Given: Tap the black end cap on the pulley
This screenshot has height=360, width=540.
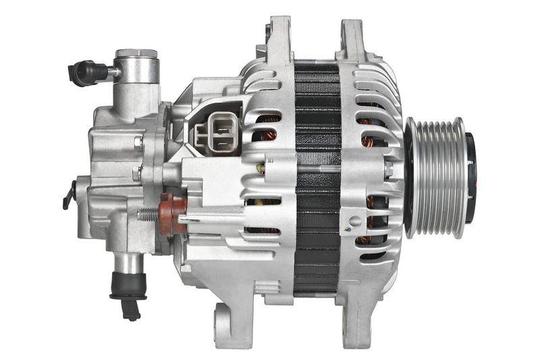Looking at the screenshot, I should tap(470, 177).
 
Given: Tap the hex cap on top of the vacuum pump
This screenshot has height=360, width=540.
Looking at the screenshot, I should tap(136, 53).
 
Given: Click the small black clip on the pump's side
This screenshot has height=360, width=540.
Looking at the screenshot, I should tap(69, 195).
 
